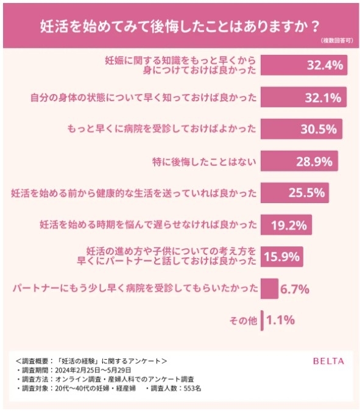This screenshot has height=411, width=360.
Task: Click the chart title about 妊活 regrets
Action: [x=180, y=26]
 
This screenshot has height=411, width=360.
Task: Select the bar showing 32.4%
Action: [x=305, y=65]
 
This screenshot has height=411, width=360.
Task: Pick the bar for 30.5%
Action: [x=302, y=129]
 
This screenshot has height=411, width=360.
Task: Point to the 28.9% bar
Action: [x=299, y=161]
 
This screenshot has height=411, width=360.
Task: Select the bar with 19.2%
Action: [x=287, y=225]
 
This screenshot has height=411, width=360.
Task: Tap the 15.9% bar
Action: [x=282, y=257]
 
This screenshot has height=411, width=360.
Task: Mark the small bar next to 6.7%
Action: [x=269, y=288]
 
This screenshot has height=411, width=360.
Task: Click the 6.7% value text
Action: [x=295, y=288]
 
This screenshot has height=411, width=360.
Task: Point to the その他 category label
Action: [x=244, y=320]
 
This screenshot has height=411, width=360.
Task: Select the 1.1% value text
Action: [x=281, y=320]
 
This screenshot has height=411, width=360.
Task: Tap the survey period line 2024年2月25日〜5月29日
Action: [x=81, y=370]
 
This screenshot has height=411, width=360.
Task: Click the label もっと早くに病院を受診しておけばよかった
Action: [x=161, y=129]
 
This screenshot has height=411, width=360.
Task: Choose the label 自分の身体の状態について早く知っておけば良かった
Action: [x=143, y=98]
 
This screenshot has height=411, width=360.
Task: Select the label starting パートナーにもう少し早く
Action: [x=134, y=288]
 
